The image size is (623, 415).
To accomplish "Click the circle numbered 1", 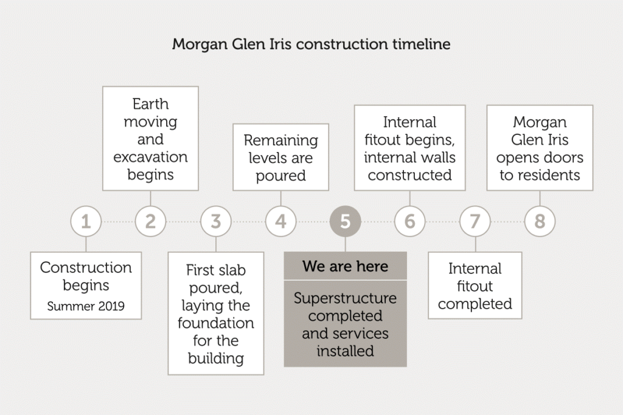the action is click(86, 221).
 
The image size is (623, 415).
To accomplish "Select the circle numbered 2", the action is click(151, 221).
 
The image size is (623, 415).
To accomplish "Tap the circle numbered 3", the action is click(216, 221).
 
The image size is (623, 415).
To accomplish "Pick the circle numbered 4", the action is click(281, 221).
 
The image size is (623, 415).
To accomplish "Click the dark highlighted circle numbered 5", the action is click(346, 221).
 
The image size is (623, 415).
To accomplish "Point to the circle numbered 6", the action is click(410, 221).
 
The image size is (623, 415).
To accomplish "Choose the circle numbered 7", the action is click(475, 221).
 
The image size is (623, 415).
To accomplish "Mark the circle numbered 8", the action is click(540, 221).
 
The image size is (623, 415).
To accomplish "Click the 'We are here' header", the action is click(346, 266).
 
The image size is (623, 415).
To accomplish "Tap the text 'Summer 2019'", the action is click(86, 306).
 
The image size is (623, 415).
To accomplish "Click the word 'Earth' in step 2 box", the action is click(151, 104).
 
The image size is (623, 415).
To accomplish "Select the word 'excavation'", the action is click(151, 157).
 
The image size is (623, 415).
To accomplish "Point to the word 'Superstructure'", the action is click(346, 298).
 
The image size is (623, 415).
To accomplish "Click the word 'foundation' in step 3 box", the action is click(216, 323).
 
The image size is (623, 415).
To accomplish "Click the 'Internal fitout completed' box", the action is click(475, 285).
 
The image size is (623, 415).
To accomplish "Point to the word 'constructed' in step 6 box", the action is click(409, 175).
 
